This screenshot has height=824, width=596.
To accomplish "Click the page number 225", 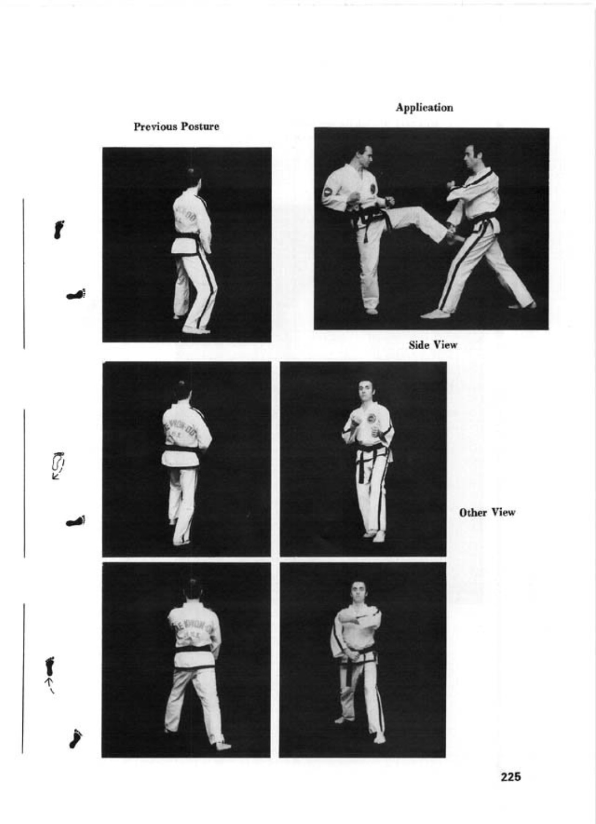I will (510, 777).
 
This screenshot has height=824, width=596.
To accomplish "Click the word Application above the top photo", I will (424, 108).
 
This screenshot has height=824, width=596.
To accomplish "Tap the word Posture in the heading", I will (201, 127).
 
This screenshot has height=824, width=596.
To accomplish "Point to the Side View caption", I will (432, 345).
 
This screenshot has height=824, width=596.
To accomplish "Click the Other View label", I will (487, 513).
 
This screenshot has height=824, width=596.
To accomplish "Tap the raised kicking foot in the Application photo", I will (453, 234).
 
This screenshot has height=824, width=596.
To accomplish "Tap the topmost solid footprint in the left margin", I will (59, 228).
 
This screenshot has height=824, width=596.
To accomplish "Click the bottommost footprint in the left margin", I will (76, 738).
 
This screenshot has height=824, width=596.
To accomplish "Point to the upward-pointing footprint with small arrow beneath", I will (50, 666).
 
